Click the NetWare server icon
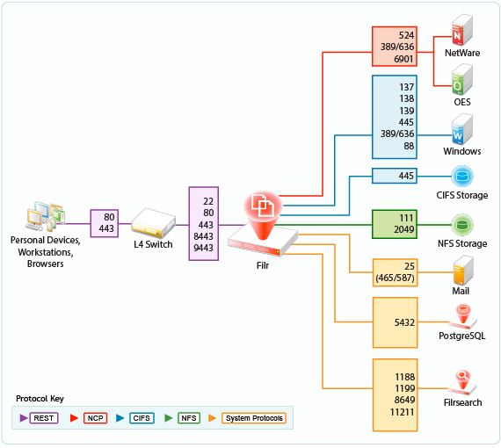[x=461, y=30]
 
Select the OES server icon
[x=461, y=79]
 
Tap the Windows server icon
[x=461, y=128]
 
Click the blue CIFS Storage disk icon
[x=462, y=176]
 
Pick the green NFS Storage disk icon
[x=462, y=225]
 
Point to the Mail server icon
[x=463, y=270]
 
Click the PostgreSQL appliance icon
[x=463, y=317]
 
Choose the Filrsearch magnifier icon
[x=462, y=382]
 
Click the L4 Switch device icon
[x=153, y=223]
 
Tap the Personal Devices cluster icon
[x=46, y=216]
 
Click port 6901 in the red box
[x=403, y=59]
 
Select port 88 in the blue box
[x=409, y=146]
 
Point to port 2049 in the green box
[x=403, y=229]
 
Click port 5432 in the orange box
[x=404, y=322]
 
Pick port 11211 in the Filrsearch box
[x=402, y=412]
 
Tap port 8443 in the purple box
[x=203, y=236]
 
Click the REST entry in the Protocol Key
[x=44, y=418]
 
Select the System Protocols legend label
[x=254, y=418]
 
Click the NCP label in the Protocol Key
[x=95, y=418]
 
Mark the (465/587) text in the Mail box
[x=395, y=278]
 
